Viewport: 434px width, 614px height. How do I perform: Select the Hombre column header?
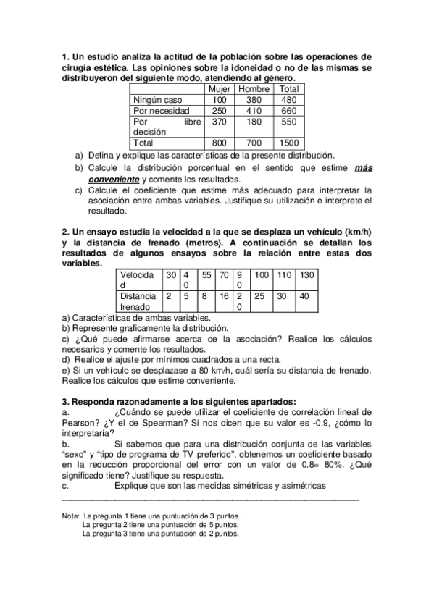[254, 88]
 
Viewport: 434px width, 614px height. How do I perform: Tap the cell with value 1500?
[289, 143]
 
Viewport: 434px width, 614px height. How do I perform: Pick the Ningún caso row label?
[158, 99]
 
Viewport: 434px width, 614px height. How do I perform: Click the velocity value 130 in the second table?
[306, 275]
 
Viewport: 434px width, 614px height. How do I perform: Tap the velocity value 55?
[206, 275]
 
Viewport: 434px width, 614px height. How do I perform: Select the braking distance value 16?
[224, 296]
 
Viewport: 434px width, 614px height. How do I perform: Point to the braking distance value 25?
[259, 296]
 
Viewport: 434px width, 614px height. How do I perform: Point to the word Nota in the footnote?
[70, 516]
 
